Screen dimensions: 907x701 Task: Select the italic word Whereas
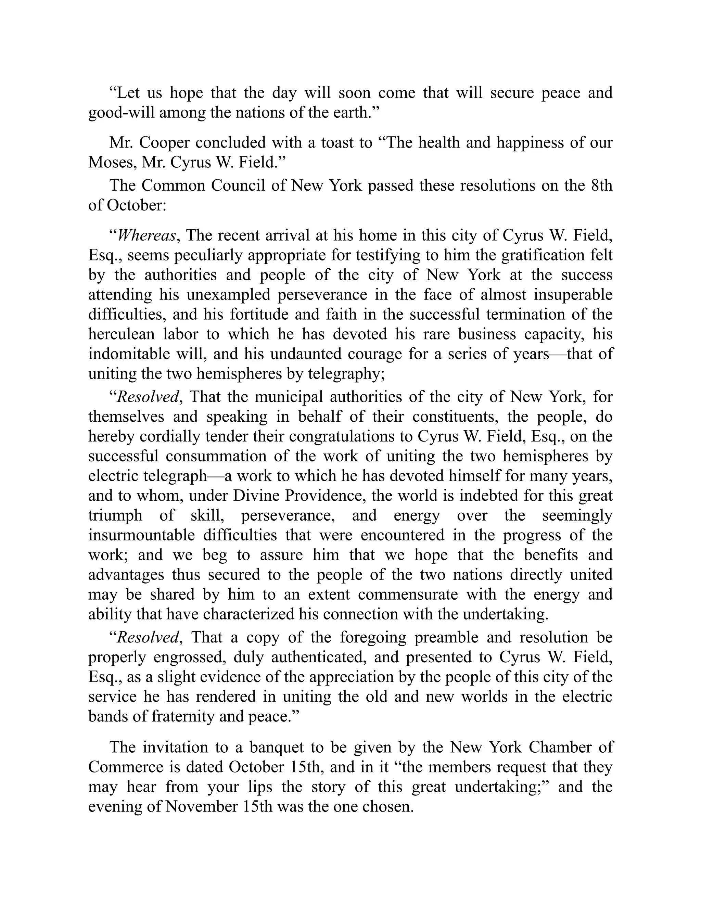click(x=146, y=235)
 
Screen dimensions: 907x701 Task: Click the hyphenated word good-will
click(x=121, y=113)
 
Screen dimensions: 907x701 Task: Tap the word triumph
click(x=115, y=515)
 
